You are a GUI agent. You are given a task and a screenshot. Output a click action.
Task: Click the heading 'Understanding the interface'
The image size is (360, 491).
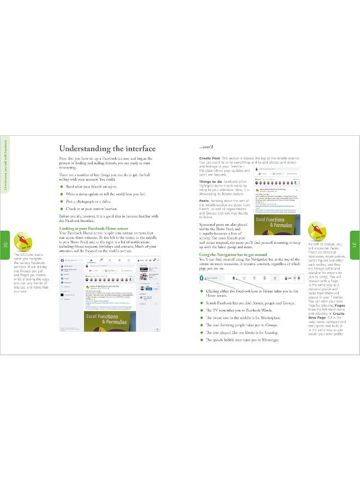coord(107,148)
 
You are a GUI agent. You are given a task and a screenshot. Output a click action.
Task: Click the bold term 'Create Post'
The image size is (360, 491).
coord(209,158)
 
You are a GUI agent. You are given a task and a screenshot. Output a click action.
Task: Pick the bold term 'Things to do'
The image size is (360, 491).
coord(211,181)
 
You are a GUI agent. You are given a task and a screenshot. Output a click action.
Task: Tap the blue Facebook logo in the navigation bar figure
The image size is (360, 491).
coord(202,278)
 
